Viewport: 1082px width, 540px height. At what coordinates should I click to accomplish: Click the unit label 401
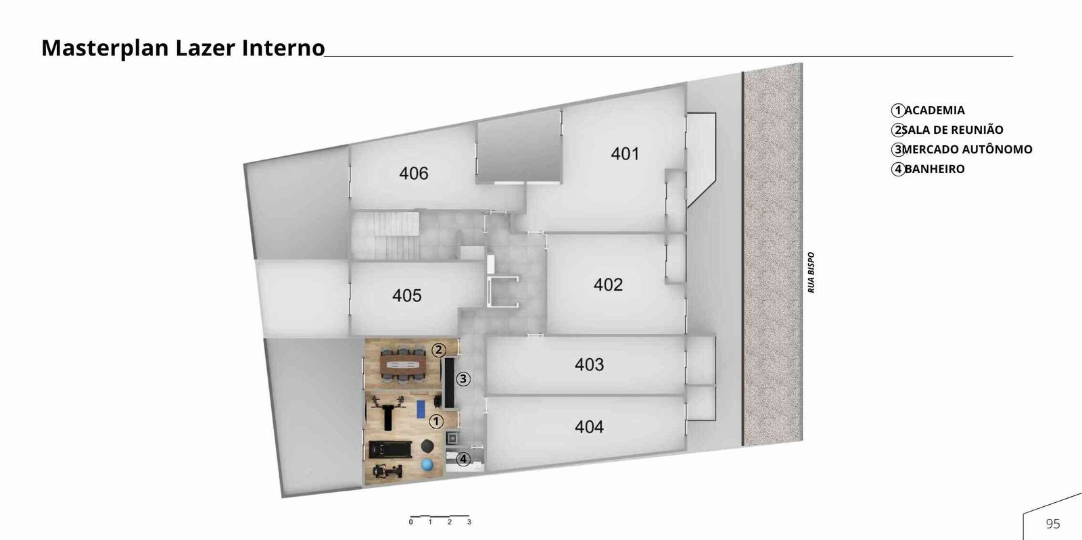(x=625, y=154)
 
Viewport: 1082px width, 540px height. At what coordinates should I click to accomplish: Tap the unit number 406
(x=413, y=174)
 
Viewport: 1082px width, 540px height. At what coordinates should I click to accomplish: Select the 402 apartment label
(x=608, y=285)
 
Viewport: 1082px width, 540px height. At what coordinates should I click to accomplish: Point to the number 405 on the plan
(x=406, y=295)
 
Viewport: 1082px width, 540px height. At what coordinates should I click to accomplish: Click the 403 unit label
(x=589, y=364)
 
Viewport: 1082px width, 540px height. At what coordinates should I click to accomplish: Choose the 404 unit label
(x=589, y=426)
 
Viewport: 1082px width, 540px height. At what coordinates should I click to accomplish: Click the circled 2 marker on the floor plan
(x=438, y=350)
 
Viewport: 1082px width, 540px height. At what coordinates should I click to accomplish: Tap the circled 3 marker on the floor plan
(x=463, y=379)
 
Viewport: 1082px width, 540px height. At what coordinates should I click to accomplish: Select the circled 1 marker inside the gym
(x=436, y=421)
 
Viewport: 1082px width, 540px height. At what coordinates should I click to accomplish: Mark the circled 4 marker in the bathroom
(x=463, y=459)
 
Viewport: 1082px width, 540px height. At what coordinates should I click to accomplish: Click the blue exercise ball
(x=427, y=465)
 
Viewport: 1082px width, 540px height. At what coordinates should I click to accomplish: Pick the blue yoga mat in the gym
(x=421, y=409)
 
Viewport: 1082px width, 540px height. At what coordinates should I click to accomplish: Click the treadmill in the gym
(x=390, y=449)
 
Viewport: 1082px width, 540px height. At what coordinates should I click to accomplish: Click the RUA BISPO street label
(x=811, y=272)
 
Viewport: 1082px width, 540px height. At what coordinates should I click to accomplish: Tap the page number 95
(x=1053, y=524)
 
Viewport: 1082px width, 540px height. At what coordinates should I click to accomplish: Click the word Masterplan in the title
(x=105, y=48)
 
